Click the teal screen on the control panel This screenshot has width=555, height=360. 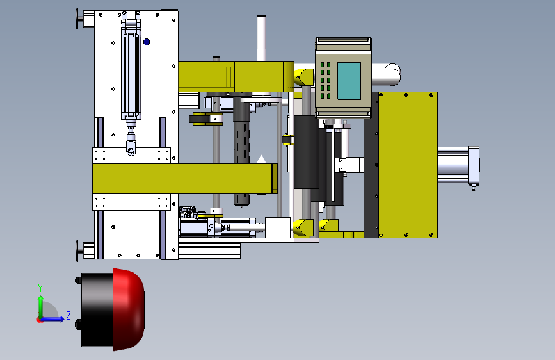click(349, 81)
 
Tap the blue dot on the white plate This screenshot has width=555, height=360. click(147, 42)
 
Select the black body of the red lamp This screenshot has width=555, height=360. click(97, 309)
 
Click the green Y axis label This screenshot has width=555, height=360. click(40, 288)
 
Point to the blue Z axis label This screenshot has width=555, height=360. click(68, 315)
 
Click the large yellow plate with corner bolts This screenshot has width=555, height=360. click(408, 165)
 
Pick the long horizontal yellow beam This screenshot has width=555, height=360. click(185, 179)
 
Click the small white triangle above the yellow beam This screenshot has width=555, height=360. click(261, 159)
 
